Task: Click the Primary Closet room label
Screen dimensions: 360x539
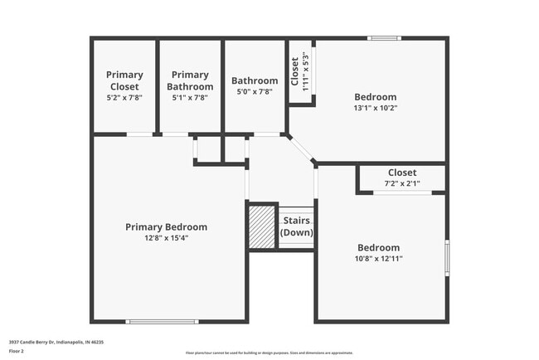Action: pos(124,80)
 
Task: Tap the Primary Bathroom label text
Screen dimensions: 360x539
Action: pos(190,80)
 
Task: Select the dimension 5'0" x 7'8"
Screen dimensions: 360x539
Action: pos(255,92)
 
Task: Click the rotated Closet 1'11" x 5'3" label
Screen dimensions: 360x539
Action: pos(299,71)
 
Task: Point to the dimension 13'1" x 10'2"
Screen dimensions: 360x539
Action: pos(376,107)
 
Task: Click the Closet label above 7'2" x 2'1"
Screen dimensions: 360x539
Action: pos(402,173)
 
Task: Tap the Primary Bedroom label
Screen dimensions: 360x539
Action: pos(166,226)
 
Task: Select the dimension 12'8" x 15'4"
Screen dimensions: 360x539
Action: pos(166,238)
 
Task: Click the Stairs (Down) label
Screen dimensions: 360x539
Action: pos(297,226)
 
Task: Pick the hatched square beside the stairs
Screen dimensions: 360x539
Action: pos(262,226)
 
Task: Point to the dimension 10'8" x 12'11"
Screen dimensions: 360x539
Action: pos(378,258)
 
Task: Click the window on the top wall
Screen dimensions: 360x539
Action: pos(385,38)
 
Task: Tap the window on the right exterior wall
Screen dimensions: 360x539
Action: pos(447,257)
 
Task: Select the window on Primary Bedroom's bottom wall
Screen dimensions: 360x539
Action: pos(162,322)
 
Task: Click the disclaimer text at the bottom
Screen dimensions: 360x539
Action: pos(269,353)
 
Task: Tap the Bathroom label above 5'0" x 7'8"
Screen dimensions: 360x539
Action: pos(255,80)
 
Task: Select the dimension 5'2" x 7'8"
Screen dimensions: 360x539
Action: pos(124,97)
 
